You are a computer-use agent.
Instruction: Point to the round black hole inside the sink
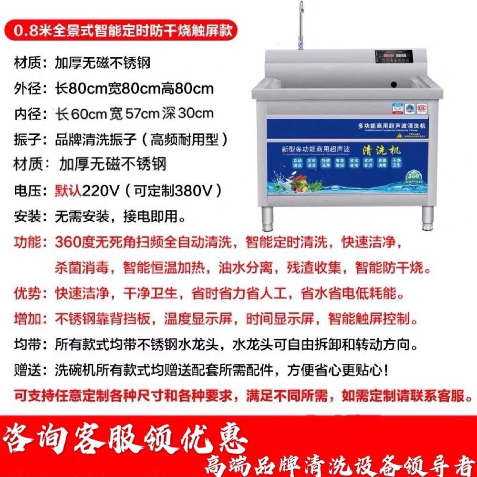point(394,85)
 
